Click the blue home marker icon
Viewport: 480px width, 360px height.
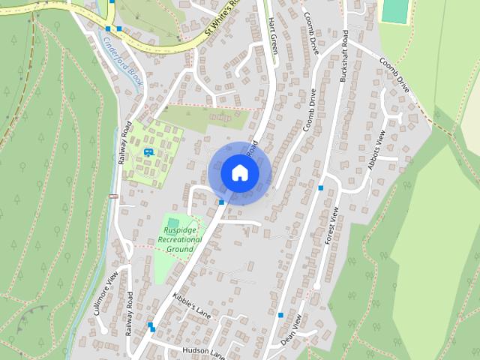pos(240,172)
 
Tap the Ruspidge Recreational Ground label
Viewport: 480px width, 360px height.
pos(180,238)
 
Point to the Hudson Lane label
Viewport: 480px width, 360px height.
pos(202,350)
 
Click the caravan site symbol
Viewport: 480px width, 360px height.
pos(148,152)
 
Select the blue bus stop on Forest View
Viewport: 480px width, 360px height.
pos(321,187)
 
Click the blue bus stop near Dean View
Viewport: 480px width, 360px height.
pos(280,315)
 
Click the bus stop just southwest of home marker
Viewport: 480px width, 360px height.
pos(222,202)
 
